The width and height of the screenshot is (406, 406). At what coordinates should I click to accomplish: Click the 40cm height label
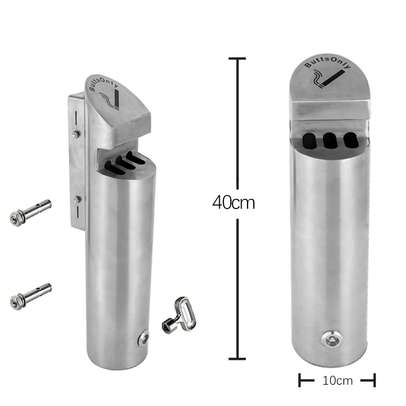click(233, 202)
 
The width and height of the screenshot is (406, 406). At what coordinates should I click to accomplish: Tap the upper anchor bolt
click(30, 212)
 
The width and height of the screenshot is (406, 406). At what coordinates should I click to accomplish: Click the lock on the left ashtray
click(144, 338)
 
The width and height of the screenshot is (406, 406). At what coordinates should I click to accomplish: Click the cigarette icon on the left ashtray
click(114, 99)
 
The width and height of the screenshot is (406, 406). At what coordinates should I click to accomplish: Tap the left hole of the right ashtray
click(309, 140)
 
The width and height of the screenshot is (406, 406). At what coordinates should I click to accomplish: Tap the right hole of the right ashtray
click(350, 140)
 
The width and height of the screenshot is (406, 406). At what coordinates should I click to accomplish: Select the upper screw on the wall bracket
click(75, 134)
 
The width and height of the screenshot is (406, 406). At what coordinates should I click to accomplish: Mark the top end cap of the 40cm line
click(237, 59)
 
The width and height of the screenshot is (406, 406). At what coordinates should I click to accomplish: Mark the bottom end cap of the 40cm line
click(237, 359)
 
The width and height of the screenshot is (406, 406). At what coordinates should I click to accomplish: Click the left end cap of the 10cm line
click(300, 380)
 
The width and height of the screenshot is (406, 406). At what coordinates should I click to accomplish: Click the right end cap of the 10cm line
click(375, 380)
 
